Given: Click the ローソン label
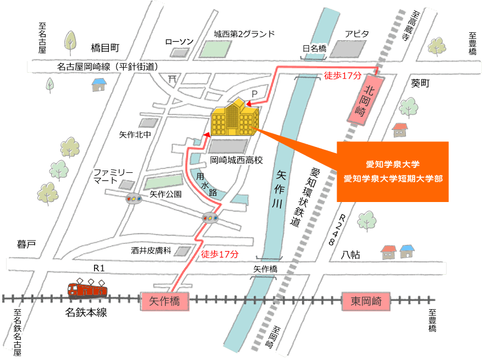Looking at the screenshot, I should (x=179, y=42).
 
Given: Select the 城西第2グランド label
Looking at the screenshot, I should (x=244, y=34).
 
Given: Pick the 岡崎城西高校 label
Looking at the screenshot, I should (x=237, y=160).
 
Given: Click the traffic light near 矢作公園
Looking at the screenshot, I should (x=134, y=199).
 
